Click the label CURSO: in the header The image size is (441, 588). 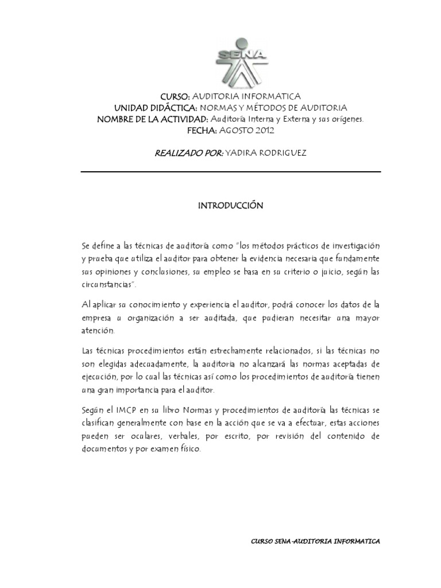[175, 96]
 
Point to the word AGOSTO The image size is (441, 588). [234, 130]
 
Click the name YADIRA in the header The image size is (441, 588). [243, 153]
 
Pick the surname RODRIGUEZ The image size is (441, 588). [284, 153]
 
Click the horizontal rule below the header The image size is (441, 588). [230, 172]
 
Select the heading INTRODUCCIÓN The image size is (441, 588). [230, 205]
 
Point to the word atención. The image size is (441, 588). [98, 331]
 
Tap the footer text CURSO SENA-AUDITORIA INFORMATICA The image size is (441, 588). [316, 541]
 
